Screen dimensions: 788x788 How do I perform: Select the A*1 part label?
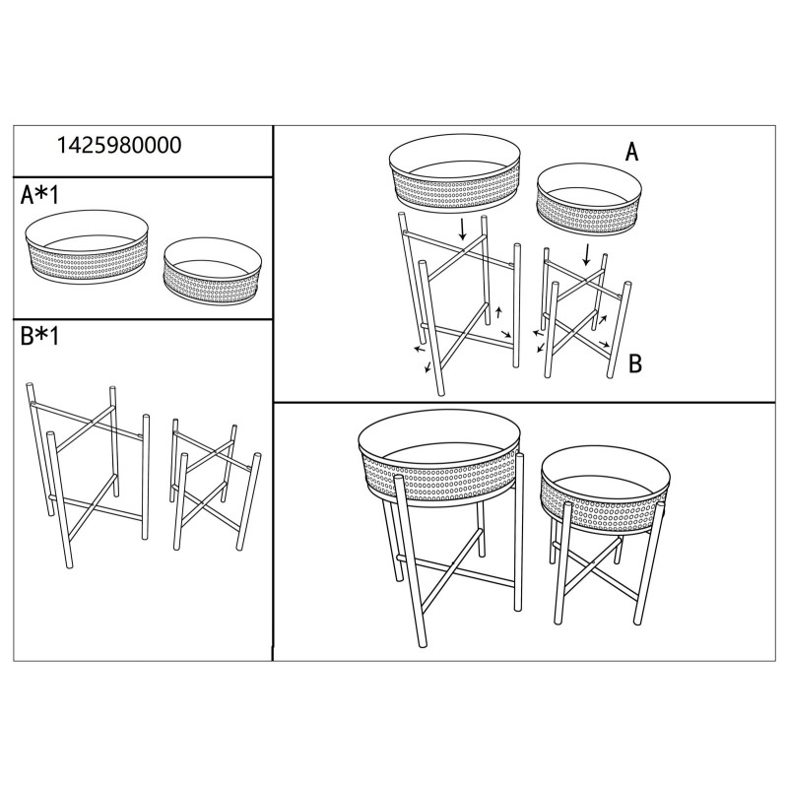40,195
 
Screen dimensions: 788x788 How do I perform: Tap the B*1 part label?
40,337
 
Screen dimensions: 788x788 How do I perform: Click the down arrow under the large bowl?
464,230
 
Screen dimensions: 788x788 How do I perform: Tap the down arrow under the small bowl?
587,254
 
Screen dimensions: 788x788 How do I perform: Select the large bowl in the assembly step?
454,174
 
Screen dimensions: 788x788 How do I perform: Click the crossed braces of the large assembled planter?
455,574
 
